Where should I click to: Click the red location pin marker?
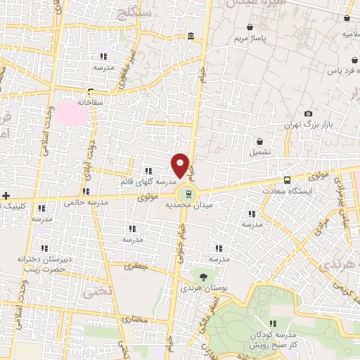(181, 165)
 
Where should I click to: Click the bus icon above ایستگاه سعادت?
(286, 180)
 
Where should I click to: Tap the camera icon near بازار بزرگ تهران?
(308, 113)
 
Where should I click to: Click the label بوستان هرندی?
(197, 288)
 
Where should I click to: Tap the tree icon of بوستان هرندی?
(203, 276)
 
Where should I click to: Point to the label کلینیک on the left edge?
(14, 206)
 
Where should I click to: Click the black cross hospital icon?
(6, 195)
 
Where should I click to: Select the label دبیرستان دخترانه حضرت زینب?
(43, 264)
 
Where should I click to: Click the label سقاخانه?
(91, 103)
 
